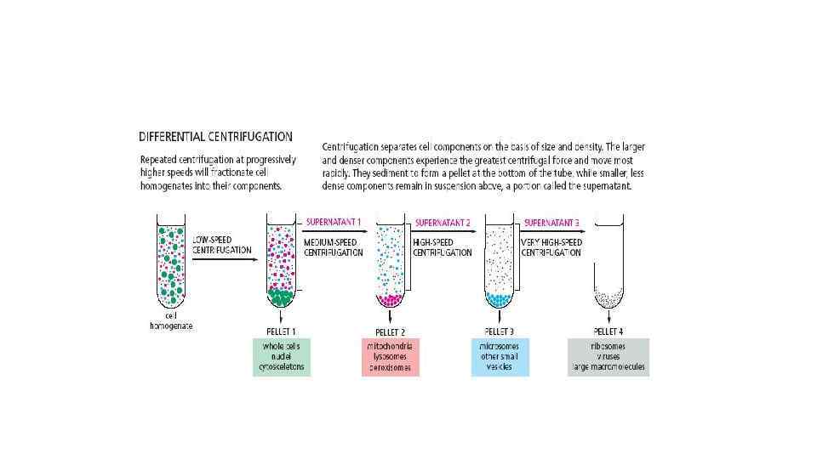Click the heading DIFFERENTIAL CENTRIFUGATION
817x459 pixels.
click(215, 136)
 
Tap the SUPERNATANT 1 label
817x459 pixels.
click(334, 223)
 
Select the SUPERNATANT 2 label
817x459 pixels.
click(443, 223)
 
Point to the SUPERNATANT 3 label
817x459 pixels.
click(551, 223)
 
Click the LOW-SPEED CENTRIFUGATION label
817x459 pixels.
click(221, 245)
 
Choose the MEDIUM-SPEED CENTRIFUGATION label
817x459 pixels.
click(334, 247)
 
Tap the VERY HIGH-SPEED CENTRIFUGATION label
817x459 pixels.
click(551, 247)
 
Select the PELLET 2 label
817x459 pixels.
click(391, 330)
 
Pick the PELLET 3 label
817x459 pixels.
click(500, 330)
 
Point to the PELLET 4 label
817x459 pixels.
click(608, 330)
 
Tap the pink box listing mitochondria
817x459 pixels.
click(391, 357)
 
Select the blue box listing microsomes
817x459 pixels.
click(500, 357)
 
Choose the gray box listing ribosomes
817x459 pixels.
click(608, 357)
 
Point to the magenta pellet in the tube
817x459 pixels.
click(391, 298)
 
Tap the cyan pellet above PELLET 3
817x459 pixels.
click(500, 299)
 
